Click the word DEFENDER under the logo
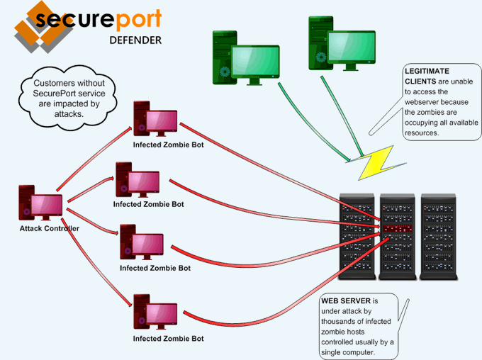coord(135,40)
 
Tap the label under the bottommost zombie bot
coord(169,339)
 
